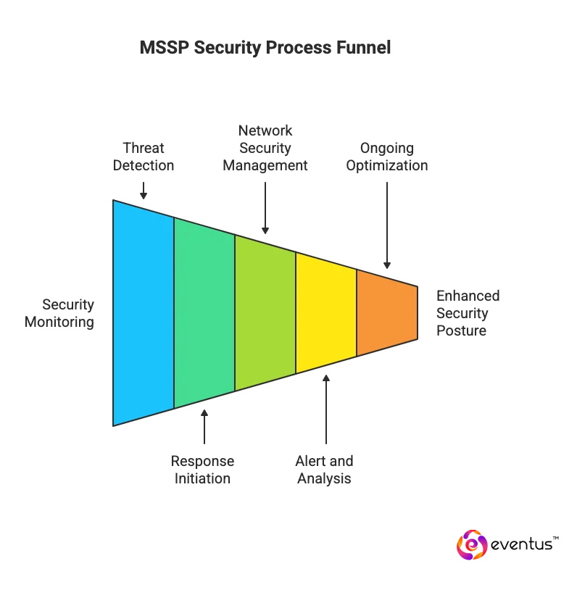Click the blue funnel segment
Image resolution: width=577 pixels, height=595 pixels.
[x=143, y=312]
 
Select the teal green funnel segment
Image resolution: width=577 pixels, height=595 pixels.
[x=204, y=312]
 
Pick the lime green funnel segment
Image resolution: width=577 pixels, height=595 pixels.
[x=265, y=312]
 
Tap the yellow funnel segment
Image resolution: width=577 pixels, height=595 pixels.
[x=325, y=312]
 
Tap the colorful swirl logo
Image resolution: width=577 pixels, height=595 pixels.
[x=470, y=544]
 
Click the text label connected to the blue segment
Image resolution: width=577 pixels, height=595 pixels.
[x=142, y=157]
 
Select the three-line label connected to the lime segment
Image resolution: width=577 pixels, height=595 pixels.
[x=265, y=149]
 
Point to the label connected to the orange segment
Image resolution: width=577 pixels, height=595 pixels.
[x=385, y=157]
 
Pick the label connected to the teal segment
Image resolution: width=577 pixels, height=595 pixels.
[x=203, y=470]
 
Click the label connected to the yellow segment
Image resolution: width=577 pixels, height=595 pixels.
[x=325, y=470]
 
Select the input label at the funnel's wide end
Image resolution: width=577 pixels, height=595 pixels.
[x=70, y=313]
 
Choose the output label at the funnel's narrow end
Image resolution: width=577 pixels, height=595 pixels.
[x=469, y=312]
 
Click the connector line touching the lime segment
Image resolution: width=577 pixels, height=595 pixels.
[x=263, y=210]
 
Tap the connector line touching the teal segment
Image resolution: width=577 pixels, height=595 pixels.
[x=205, y=424]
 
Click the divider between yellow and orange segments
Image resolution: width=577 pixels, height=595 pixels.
[x=356, y=312]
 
